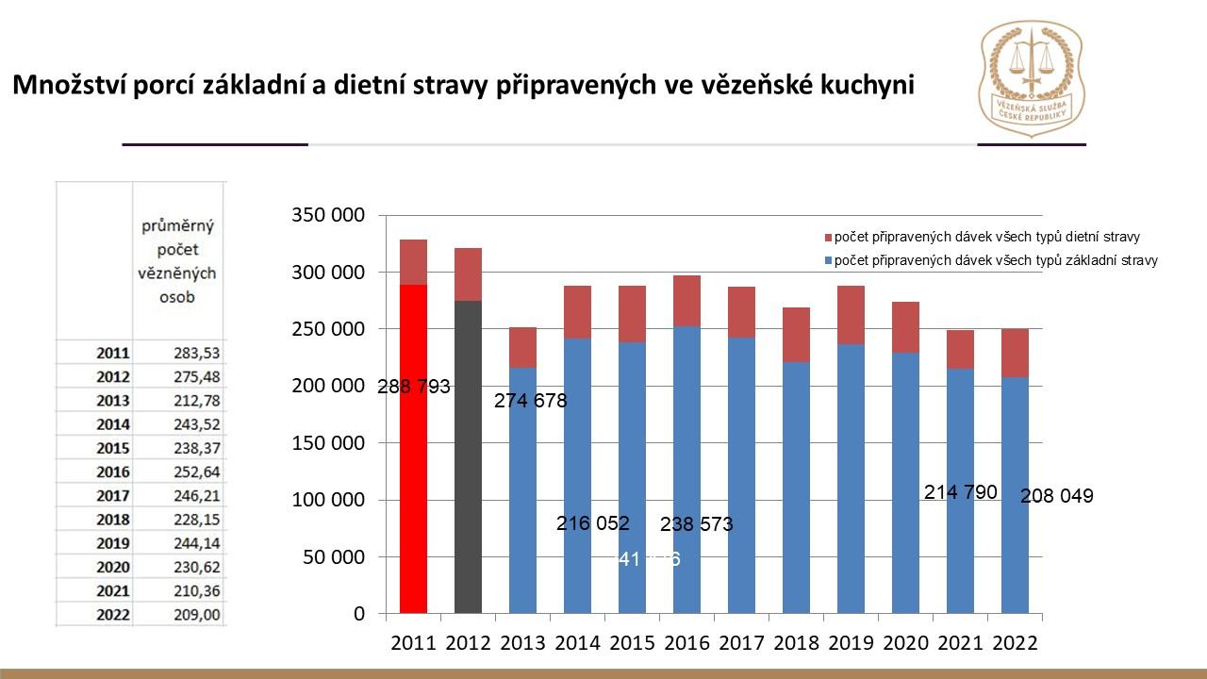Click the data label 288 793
click(414, 387)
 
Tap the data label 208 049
click(1057, 496)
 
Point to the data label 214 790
click(961, 492)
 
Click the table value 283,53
click(195, 353)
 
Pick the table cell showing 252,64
click(195, 472)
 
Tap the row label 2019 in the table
click(112, 543)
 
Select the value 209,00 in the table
click(195, 615)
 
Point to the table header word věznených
click(178, 273)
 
